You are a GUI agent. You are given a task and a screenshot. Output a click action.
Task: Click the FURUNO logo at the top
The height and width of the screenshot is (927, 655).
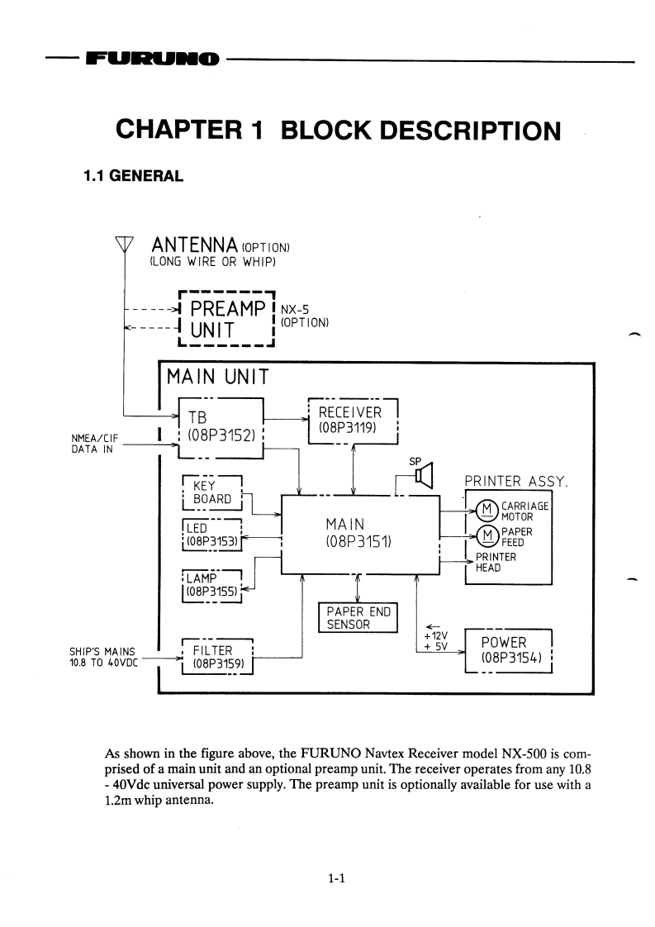(x=153, y=59)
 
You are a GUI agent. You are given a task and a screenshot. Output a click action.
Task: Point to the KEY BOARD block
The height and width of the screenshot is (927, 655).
(x=211, y=492)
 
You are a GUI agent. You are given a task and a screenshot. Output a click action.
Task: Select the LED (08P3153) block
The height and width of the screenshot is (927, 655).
(x=211, y=535)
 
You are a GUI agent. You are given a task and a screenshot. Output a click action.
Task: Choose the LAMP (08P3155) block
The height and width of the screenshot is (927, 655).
(x=211, y=584)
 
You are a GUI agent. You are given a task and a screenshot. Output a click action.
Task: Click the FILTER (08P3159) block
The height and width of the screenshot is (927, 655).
(x=217, y=655)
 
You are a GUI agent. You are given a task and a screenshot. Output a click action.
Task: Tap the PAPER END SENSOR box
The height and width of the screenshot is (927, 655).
(x=357, y=617)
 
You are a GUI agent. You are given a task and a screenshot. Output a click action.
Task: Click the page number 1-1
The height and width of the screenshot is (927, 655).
(x=335, y=879)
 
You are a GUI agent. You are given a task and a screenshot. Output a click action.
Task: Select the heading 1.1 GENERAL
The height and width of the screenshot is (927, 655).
(x=133, y=177)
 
